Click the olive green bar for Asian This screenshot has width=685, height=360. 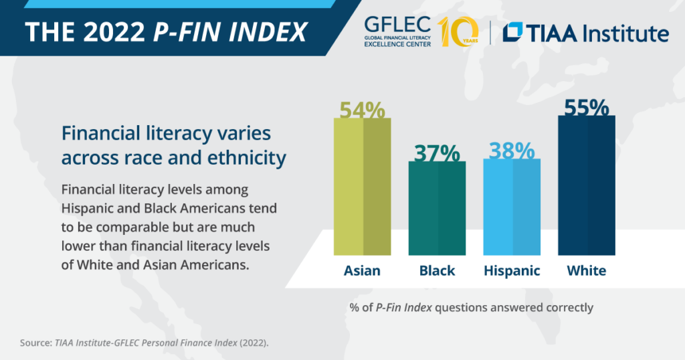[363, 187]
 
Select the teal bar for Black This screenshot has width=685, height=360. [437, 208]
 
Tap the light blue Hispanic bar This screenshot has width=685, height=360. [512, 207]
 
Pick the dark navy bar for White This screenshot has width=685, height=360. [587, 185]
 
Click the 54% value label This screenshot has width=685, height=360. [363, 110]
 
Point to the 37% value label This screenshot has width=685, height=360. [437, 153]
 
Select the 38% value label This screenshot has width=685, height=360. [512, 151]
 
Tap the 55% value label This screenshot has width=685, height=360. [587, 108]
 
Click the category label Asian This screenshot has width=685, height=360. [362, 271]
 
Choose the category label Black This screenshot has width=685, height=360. [437, 271]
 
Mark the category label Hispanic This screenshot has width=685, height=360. [512, 271]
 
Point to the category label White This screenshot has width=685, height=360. [587, 271]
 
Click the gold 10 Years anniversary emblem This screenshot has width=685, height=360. [458, 31]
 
